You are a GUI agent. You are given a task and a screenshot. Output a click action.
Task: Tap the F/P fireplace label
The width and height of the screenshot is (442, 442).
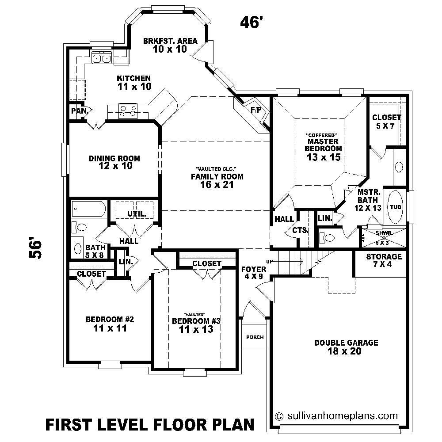256,110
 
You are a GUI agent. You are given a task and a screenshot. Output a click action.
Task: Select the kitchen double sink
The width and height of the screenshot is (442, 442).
101,57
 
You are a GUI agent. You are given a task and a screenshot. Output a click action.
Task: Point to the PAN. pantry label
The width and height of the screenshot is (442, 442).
79,110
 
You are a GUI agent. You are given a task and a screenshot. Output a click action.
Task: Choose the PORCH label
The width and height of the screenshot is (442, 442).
255,337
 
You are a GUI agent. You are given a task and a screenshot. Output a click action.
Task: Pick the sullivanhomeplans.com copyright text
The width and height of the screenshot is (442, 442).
336,416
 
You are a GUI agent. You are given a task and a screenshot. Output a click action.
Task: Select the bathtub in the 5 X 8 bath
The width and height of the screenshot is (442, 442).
89,208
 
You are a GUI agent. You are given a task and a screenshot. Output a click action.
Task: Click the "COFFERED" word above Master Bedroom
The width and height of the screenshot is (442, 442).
322,134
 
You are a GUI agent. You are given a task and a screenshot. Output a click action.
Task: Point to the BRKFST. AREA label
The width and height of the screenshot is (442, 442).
170,41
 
